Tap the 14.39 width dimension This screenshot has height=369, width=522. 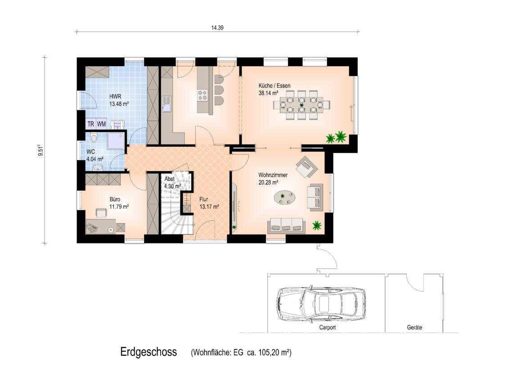click(x=217, y=28)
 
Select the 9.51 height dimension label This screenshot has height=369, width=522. click(x=40, y=150)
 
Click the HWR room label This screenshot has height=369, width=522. click(x=115, y=97)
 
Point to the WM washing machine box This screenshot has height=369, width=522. click(x=101, y=124)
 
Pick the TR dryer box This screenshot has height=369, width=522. click(x=90, y=124)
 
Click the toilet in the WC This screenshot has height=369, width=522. click(x=93, y=138)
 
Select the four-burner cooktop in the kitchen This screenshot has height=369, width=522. click(x=203, y=95)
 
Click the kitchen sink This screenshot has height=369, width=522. click(x=166, y=103)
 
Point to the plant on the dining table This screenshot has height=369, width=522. click(x=301, y=105)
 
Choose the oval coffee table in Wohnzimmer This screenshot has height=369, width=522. click(x=285, y=197)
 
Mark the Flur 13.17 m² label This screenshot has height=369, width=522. click(x=209, y=203)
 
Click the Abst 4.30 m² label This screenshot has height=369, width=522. click(x=172, y=183)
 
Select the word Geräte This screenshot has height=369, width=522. click(x=414, y=328)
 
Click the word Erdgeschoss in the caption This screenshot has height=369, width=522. click(x=148, y=352)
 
